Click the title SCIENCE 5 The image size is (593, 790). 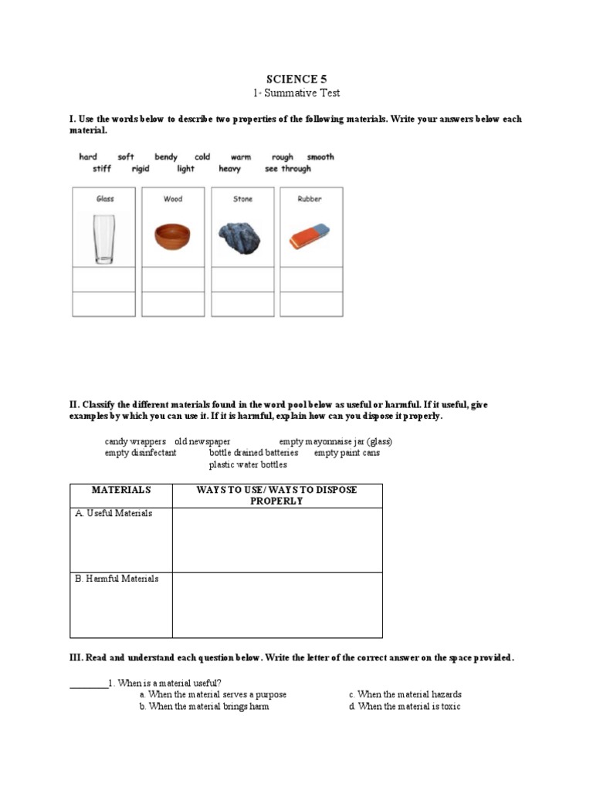[x=291, y=79]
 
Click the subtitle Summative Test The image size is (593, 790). [x=297, y=93]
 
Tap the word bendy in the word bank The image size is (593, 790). [x=166, y=157]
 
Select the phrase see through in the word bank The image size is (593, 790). [x=288, y=169]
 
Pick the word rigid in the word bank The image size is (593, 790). [x=141, y=169]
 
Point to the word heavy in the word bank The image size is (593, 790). [x=229, y=169]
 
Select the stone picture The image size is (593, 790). [x=242, y=238]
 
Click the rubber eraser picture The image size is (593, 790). [x=310, y=237]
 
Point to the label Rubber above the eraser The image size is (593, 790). [x=310, y=199]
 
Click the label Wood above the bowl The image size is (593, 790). [x=173, y=199]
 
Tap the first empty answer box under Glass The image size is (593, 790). [x=104, y=279]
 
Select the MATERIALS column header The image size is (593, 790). [x=120, y=490]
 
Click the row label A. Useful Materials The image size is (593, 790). [x=114, y=514]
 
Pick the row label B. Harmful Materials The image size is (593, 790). [x=117, y=579]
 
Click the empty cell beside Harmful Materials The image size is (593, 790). [x=276, y=605]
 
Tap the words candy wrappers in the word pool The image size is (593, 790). [x=135, y=441]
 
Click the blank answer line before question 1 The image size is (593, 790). [x=89, y=683]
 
